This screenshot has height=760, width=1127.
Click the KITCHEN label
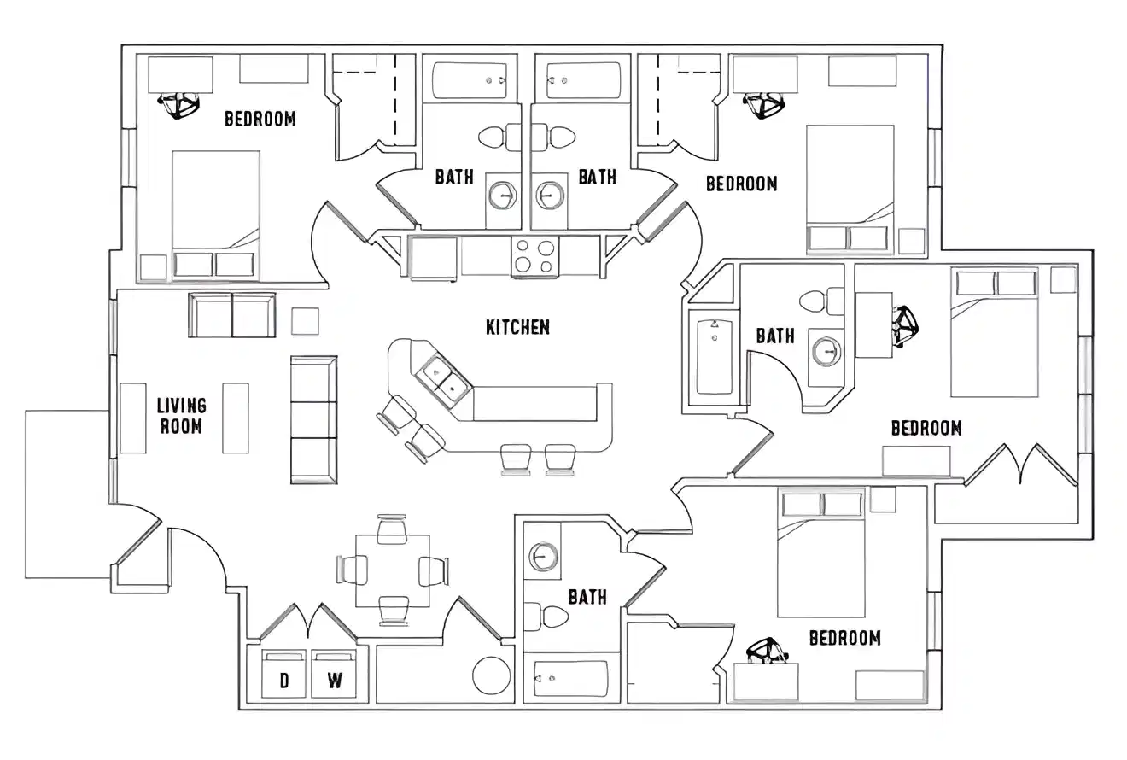[517, 327]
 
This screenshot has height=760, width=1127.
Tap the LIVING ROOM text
[181, 415]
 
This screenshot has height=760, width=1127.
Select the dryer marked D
[284, 675]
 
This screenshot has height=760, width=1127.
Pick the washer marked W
[334, 675]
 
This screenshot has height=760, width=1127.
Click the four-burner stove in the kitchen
[534, 256]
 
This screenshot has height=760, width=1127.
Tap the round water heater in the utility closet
[493, 675]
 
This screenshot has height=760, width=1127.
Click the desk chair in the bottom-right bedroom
[768, 652]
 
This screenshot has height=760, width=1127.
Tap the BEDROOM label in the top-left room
[260, 119]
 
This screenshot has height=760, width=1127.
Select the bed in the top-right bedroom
[850, 189]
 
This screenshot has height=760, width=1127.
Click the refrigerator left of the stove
[434, 257]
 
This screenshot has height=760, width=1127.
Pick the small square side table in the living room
[305, 321]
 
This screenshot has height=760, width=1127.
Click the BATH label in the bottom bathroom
[587, 597]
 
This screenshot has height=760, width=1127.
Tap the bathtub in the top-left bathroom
[470, 80]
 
